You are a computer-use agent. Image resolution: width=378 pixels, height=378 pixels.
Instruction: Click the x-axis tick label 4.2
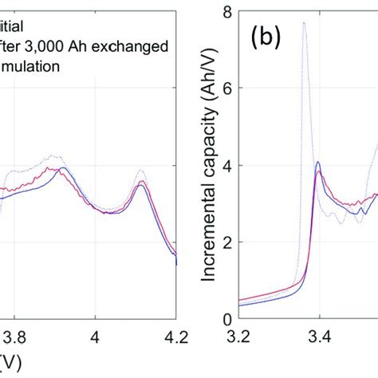click(175, 337)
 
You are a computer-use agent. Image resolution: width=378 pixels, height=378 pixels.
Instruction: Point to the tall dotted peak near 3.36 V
click(304, 23)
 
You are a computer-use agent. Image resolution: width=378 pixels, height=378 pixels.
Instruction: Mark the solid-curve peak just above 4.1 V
click(141, 183)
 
